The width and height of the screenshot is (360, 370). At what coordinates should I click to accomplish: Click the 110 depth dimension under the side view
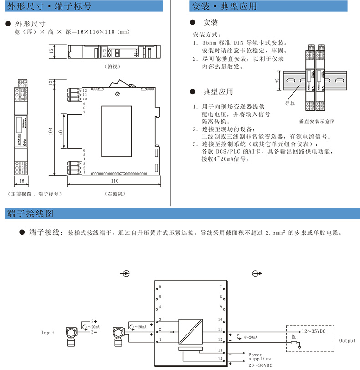pyautogui.click(x=114, y=181)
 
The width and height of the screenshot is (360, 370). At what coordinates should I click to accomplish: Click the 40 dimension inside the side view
pyautogui.click(x=61, y=133)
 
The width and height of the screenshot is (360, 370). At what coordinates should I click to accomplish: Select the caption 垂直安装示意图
pyautogui.click(x=317, y=122)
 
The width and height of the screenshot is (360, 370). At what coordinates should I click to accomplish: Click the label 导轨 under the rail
pyautogui.click(x=290, y=103)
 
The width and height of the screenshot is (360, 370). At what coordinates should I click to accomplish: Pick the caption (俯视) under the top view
pyautogui.click(x=112, y=66)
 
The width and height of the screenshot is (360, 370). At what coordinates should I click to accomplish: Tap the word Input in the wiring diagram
pyautogui.click(x=48, y=333)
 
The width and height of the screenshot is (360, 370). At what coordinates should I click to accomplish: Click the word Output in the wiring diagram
pyautogui.click(x=348, y=340)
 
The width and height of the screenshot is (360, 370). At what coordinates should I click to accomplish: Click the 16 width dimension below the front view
pyautogui.click(x=22, y=181)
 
